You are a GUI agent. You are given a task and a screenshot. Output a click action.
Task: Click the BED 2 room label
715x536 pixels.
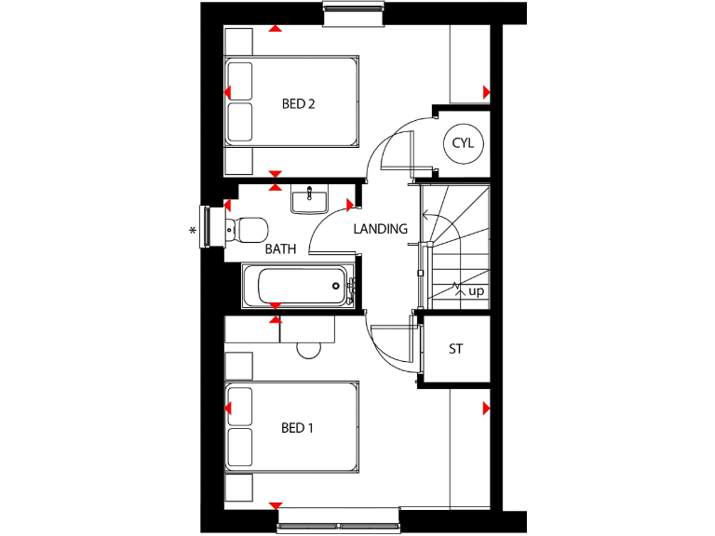coord(298,104)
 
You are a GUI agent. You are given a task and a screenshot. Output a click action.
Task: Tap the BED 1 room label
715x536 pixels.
coord(297,429)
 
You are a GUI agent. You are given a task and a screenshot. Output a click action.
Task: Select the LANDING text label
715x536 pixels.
coord(380,229)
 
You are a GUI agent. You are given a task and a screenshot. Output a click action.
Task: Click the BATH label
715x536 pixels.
coord(280,249)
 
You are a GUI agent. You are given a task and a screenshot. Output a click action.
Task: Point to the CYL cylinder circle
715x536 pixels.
coord(463,143)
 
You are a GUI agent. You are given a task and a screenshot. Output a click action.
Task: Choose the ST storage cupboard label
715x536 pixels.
coord(456,350)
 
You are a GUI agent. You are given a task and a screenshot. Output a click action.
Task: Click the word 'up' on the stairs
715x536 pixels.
coord(477,291)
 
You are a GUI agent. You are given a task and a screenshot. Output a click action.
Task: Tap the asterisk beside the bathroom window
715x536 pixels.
coord(193,231)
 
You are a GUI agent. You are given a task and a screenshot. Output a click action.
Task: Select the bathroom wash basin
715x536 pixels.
coord(308,199)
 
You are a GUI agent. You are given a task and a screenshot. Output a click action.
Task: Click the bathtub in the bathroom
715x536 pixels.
coord(296,287)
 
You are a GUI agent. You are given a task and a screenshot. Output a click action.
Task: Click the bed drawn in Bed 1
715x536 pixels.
coord(292,426)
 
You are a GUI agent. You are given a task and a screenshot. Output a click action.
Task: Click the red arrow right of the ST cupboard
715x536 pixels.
coord(485,409)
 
